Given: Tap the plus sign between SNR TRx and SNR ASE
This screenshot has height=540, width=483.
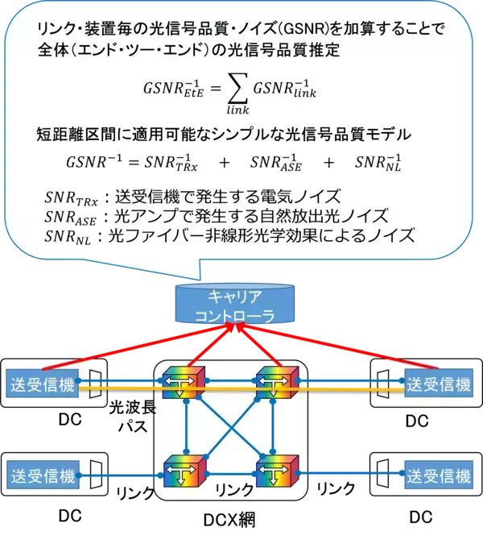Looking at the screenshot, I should [x=223, y=162].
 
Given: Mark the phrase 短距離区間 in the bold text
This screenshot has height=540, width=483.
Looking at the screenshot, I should [x=76, y=134].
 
